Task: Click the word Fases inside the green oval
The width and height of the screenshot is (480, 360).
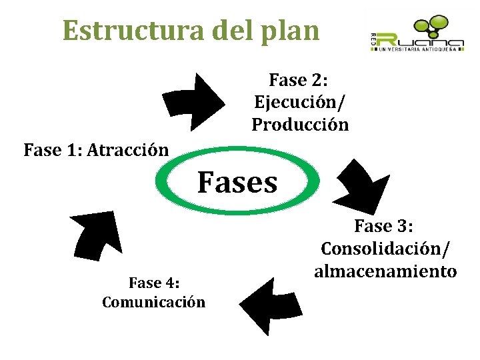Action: [x=237, y=181]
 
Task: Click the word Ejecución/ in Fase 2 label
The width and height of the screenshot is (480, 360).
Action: [x=300, y=103]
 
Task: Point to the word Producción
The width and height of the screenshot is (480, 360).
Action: [x=300, y=125]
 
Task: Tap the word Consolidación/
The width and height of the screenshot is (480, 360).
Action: [x=385, y=249]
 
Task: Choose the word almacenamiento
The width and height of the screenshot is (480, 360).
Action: [x=385, y=271]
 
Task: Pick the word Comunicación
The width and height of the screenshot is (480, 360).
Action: [x=153, y=302]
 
